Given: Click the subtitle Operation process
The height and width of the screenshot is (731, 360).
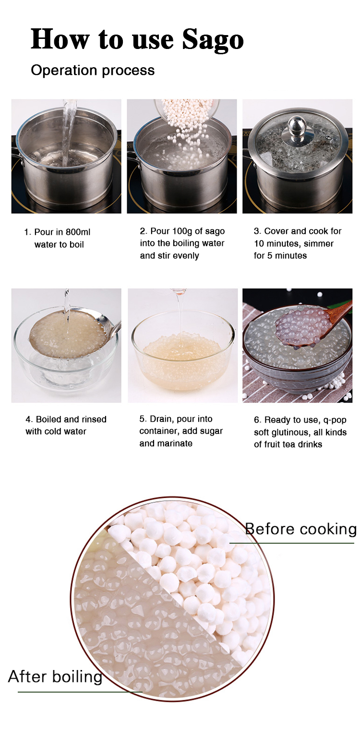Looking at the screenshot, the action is pos(93,71).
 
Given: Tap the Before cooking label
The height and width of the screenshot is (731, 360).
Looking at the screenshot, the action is pos(300,529).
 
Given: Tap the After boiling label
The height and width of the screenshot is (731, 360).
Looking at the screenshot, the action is pos(55,676).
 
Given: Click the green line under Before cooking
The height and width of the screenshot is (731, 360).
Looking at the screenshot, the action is pos(291,543).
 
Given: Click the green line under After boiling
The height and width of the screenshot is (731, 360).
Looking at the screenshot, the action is pos(80,692).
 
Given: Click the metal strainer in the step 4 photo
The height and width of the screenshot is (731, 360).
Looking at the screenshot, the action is pos(70,334).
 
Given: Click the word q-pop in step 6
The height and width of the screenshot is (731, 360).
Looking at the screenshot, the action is pos(335,420).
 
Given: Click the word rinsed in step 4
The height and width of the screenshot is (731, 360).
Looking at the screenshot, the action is pos(94,419).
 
